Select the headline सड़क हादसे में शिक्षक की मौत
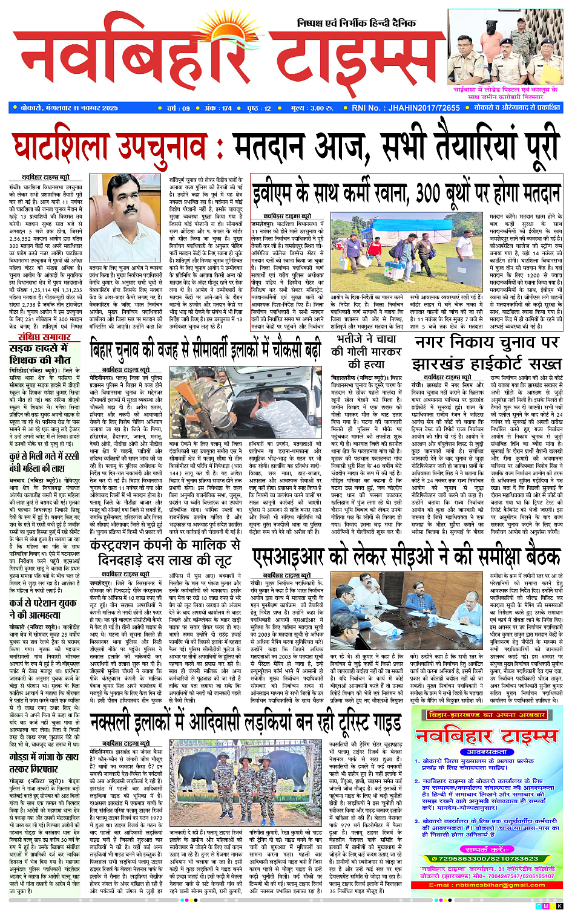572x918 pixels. [40, 354]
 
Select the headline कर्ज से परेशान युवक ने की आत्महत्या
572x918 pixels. [43, 608]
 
